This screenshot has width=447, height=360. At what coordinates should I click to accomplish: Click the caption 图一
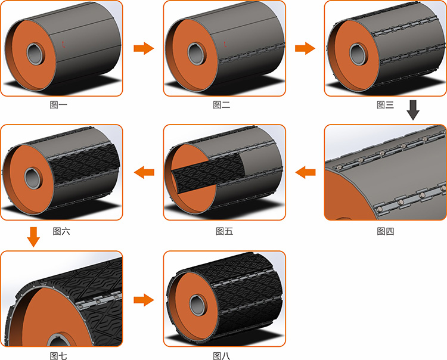click(58, 105)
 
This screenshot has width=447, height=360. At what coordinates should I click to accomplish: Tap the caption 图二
click(222, 105)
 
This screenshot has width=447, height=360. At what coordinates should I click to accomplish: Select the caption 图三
click(385, 105)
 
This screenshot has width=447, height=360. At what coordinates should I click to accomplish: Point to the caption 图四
click(386, 231)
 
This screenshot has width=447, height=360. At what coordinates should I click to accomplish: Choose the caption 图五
click(224, 231)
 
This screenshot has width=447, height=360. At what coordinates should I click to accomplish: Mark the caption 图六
click(61, 231)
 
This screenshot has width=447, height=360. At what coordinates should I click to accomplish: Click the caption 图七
click(58, 356)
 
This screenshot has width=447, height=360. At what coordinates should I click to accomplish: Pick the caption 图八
click(222, 356)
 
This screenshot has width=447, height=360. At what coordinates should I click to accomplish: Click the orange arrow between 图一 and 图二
click(144, 48)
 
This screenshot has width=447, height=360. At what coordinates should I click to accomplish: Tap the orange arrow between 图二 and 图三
click(305, 48)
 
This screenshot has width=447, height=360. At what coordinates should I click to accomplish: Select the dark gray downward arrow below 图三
click(413, 110)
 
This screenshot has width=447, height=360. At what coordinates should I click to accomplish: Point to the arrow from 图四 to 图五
click(305, 172)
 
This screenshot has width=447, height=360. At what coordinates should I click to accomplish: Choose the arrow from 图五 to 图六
click(144, 172)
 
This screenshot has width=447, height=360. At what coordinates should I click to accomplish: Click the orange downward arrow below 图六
click(33, 237)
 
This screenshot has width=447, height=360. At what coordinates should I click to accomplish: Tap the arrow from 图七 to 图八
click(144, 300)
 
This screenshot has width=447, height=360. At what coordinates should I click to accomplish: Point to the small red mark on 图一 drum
click(64, 44)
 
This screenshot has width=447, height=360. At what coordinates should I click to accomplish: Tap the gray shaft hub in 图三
click(359, 54)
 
